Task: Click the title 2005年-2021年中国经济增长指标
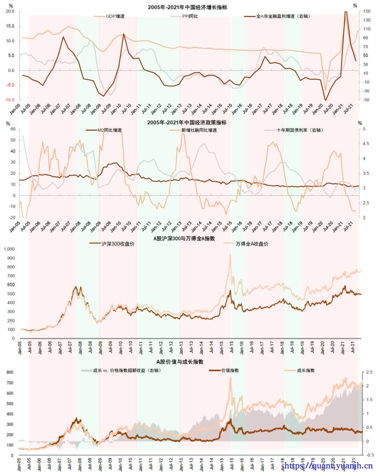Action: (x=187, y=7)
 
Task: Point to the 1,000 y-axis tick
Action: (x=9, y=249)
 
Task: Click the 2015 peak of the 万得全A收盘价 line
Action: (x=230, y=255)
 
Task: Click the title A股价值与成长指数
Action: (x=179, y=362)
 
